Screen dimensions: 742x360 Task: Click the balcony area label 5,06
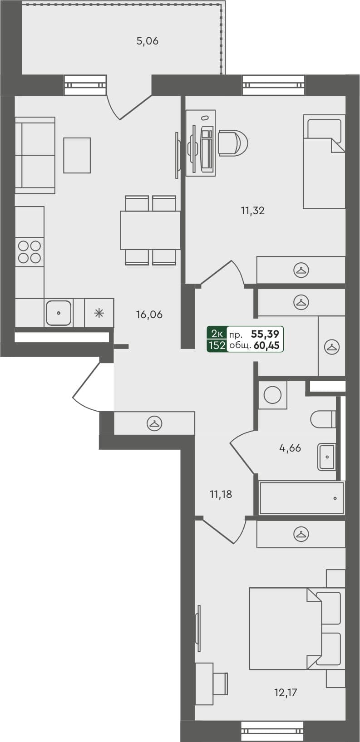pos(147,41)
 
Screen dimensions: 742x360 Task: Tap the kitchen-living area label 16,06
pos(149,314)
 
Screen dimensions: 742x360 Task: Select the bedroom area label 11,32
pos(252,211)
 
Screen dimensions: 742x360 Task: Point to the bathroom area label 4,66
pos(290,448)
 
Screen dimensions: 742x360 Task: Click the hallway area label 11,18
pos(221,495)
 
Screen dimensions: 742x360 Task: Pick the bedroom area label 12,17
pos(286,693)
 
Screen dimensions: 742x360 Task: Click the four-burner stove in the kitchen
pos(30,252)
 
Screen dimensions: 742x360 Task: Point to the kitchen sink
pos(59,313)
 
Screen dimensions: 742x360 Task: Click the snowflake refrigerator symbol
pos(99,313)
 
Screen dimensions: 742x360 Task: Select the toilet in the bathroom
pos(323,419)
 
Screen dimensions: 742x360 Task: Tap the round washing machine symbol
pos(272,395)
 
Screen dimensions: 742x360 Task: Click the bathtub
pos(301,498)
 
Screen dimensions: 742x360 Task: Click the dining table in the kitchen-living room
pos(150,230)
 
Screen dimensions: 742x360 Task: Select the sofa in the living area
pos(35,155)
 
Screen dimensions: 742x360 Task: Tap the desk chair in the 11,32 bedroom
pos(232,143)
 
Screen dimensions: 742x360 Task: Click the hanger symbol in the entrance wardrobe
pos(154,423)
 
